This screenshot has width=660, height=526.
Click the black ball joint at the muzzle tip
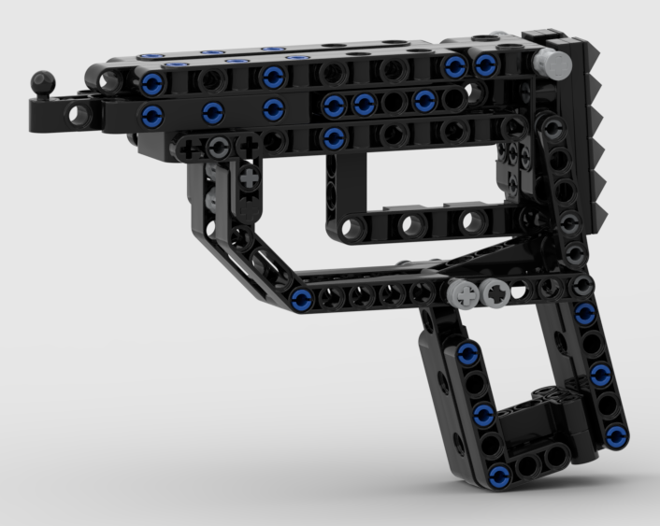point(42,84)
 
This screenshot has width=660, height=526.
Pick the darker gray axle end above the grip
point(495,295)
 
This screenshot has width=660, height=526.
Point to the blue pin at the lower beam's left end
point(301,300)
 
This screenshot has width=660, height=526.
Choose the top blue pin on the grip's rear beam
point(585,315)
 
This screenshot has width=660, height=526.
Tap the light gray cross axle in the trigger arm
point(249,176)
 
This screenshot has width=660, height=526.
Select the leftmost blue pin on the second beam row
point(152,116)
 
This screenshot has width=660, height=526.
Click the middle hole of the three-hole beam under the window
point(409,224)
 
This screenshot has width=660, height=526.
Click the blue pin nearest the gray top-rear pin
point(485,64)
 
